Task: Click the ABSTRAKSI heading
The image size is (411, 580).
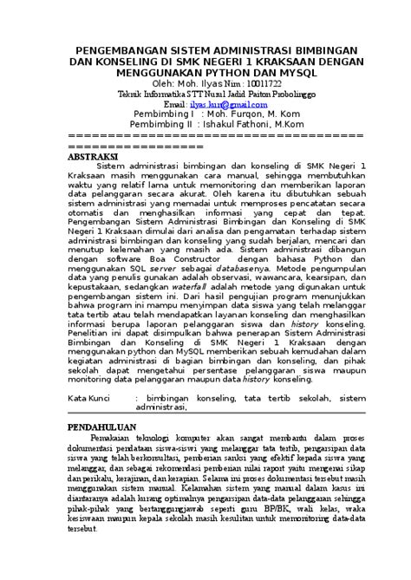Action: [x=98, y=158]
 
